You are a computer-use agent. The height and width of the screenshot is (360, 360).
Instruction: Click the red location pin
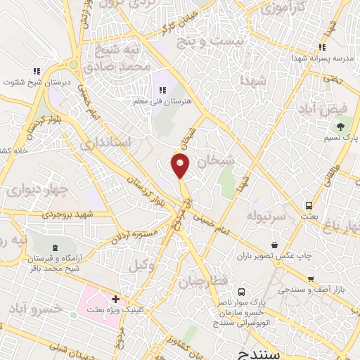[x=181, y=165]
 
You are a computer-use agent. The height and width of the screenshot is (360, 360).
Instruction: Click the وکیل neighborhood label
[x=141, y=265]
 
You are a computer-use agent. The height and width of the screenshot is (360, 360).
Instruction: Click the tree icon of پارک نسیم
[x=341, y=127]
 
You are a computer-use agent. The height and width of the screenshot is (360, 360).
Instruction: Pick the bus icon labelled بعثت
[x=308, y=206]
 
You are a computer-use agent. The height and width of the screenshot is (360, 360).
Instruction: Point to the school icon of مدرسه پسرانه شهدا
[x=324, y=48]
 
